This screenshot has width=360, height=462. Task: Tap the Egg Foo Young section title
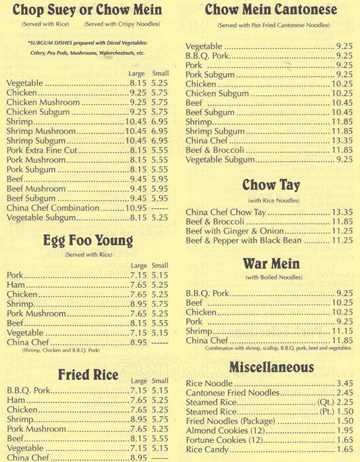point(88,240)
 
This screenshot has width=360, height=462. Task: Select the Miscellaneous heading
point(271,367)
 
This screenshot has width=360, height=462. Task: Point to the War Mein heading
point(271,264)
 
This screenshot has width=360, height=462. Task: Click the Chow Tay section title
point(271,185)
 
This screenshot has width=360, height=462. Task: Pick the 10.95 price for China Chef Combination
point(135,208)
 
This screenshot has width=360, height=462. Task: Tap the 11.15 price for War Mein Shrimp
point(342,331)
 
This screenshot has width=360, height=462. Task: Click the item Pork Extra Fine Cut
point(43,150)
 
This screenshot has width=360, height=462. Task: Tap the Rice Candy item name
point(209,449)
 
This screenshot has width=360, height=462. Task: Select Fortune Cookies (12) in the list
point(224,440)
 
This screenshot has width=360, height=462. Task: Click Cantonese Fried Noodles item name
point(231,393)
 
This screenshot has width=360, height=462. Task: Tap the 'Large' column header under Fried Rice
point(139,381)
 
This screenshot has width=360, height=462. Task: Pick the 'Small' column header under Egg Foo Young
point(160,266)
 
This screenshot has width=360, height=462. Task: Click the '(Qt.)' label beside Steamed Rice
point(324,402)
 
